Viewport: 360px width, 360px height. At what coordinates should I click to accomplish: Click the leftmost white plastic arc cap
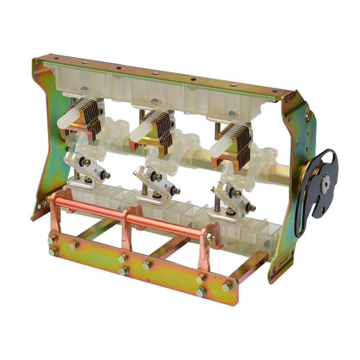tap(70, 116)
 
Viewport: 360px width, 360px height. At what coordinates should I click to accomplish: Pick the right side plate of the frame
tap(293, 174)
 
